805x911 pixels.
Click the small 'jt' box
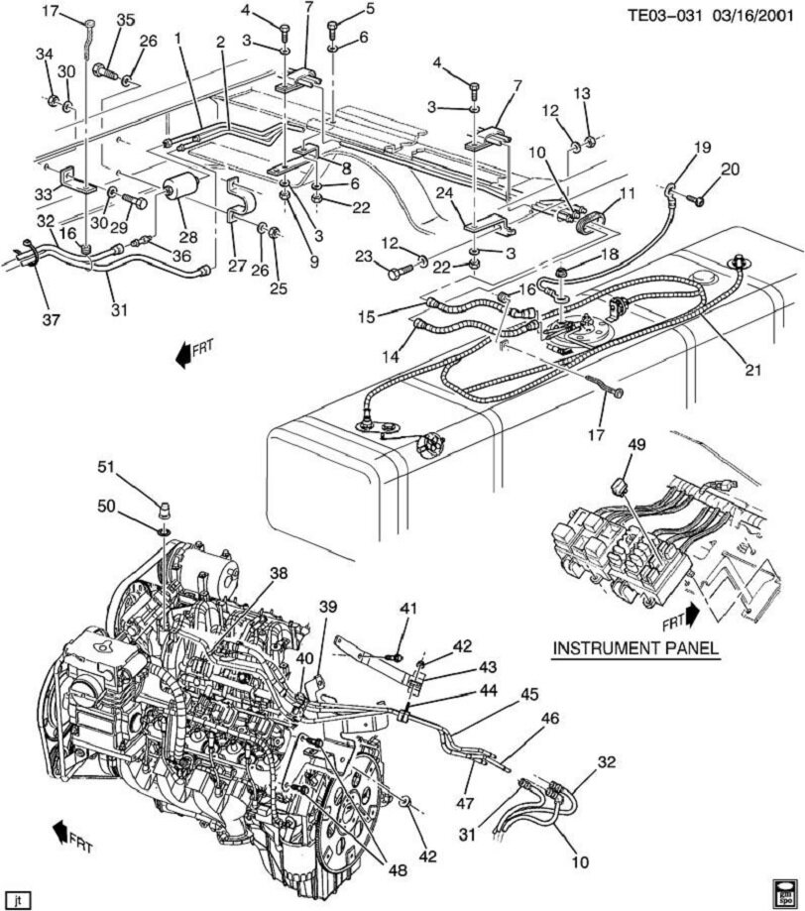[x=19, y=899]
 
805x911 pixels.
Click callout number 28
[x=187, y=238]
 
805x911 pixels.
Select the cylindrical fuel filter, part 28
[x=183, y=188]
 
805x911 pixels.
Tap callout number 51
[x=105, y=465]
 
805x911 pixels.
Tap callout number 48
[x=398, y=871]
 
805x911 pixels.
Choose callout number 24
[x=444, y=194]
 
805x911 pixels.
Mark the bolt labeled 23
[x=401, y=270]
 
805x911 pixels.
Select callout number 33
[x=44, y=194]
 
